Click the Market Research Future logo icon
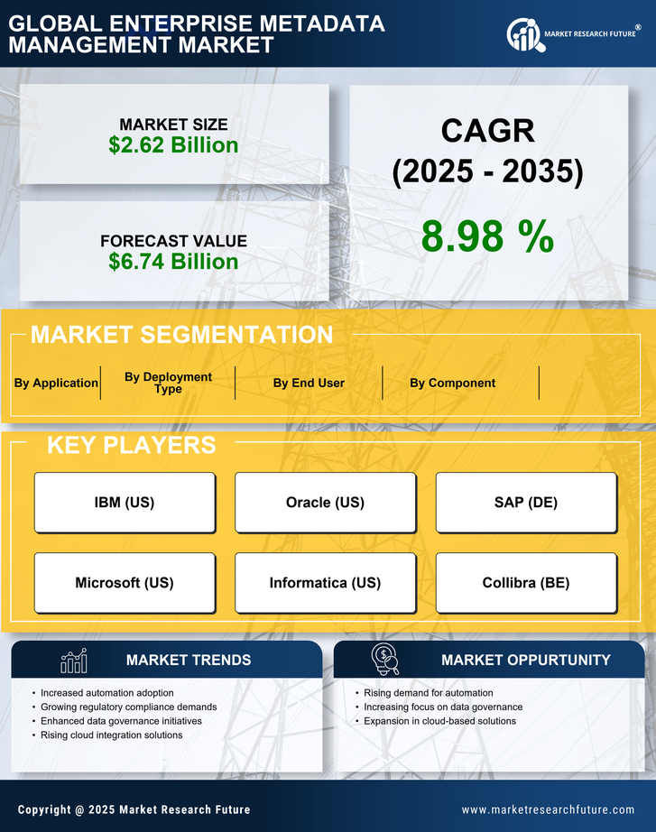[x=522, y=35]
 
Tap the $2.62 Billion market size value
[x=173, y=145]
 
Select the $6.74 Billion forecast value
[x=173, y=262]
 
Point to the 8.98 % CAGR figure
[x=487, y=236]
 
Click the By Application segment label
[x=56, y=383]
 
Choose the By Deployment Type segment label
[x=168, y=383]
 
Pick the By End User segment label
[x=309, y=383]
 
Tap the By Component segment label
[x=452, y=383]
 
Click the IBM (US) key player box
[x=125, y=503]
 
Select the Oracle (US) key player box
[x=325, y=503]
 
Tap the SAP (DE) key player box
[x=526, y=503]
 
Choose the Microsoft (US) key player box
[x=125, y=583]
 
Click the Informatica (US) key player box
[x=325, y=583]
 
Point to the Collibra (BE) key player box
[x=526, y=583]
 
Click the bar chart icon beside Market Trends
[x=73, y=661]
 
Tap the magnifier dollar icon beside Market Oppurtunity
[x=384, y=660]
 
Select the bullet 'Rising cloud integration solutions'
[x=112, y=735]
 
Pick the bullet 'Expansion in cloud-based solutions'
[x=439, y=721]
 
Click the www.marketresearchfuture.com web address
[x=548, y=809]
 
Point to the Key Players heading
[x=131, y=445]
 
